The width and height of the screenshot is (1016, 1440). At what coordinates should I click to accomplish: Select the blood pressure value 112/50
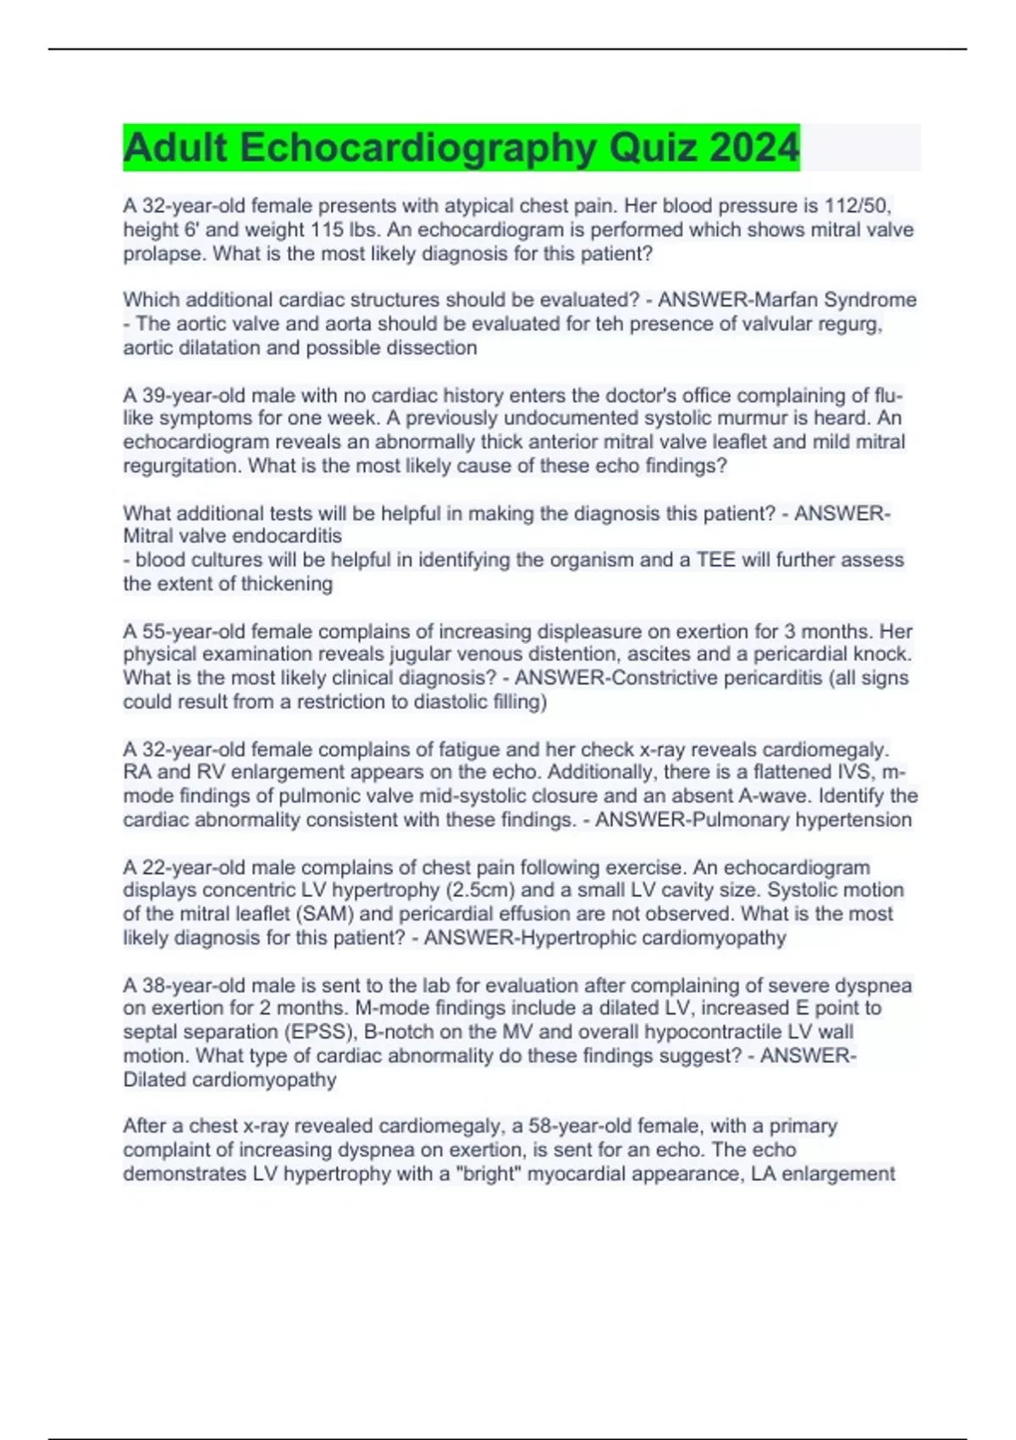click(858, 206)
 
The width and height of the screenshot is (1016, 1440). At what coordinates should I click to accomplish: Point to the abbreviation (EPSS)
click(318, 1032)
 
